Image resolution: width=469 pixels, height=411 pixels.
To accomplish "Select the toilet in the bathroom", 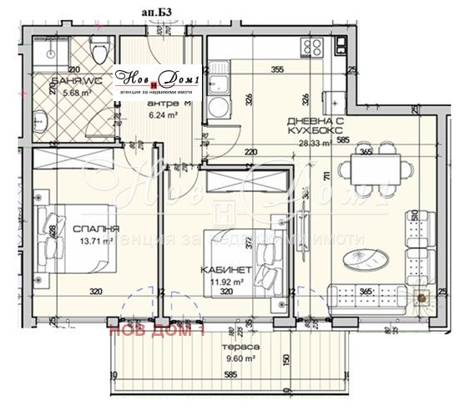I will (98, 44).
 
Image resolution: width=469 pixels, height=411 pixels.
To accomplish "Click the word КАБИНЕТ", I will (222, 271).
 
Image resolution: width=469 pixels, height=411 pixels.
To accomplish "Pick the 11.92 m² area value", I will (222, 282).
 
